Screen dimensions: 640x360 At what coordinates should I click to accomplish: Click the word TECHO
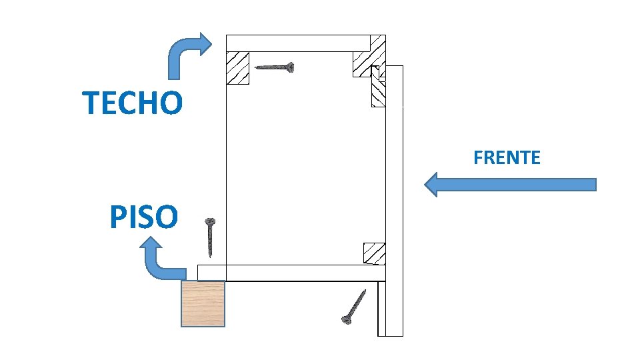pyautogui.click(x=132, y=103)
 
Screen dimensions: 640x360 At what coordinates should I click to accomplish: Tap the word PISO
pyautogui.click(x=144, y=216)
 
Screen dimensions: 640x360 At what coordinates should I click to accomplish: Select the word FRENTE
pyautogui.click(x=507, y=157)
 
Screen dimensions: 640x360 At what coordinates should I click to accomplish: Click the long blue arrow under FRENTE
pyautogui.click(x=510, y=185)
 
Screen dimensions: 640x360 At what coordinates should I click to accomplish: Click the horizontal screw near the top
pyautogui.click(x=274, y=67)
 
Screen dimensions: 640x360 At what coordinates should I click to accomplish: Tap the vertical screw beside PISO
pyautogui.click(x=210, y=237)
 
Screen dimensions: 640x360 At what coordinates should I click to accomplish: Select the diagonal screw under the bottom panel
pyautogui.click(x=354, y=307)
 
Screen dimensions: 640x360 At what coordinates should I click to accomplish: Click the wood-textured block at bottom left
pyautogui.click(x=203, y=304)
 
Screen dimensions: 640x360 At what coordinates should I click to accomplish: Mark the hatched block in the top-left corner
pyautogui.click(x=237, y=68)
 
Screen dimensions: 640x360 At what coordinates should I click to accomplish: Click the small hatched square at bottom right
pyautogui.click(x=374, y=253)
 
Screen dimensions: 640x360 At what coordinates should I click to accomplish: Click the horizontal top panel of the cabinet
pyautogui.click(x=299, y=43)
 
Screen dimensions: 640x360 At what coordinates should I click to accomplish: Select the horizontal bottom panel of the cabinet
pyautogui.click(x=291, y=273)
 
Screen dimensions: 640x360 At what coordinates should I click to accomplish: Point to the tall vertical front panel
pyautogui.click(x=394, y=201)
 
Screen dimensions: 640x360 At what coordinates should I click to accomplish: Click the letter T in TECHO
pyautogui.click(x=91, y=103)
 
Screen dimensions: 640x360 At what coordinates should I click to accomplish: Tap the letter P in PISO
pyautogui.click(x=117, y=217)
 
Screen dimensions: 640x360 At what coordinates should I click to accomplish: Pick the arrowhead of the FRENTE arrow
pyautogui.click(x=431, y=185)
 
